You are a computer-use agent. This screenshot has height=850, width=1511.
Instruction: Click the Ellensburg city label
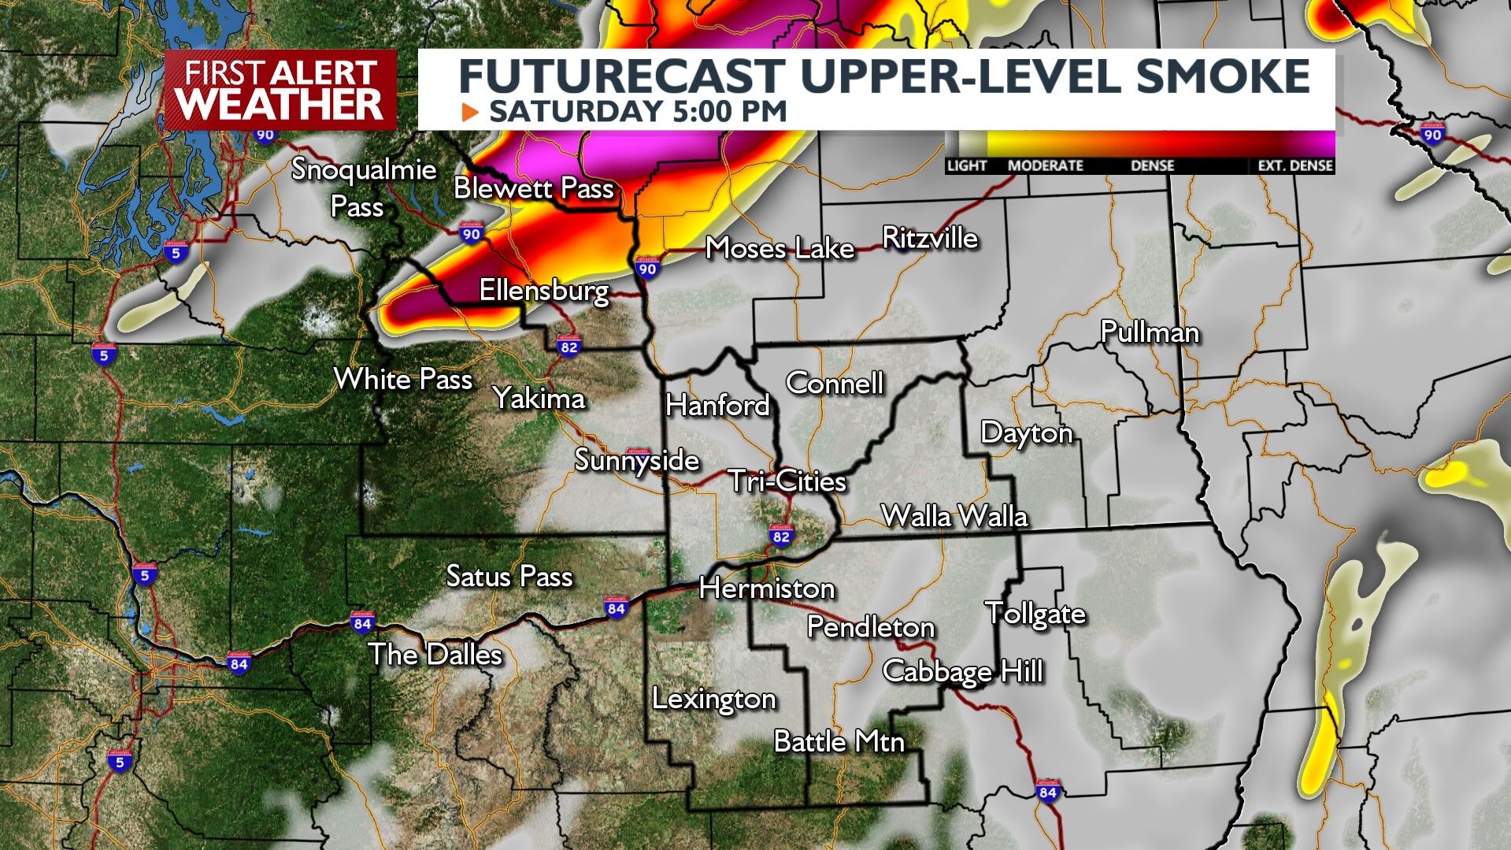544,291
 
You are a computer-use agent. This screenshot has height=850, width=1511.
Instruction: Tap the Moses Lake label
780,248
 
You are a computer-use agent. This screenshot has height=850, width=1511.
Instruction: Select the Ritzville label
930,237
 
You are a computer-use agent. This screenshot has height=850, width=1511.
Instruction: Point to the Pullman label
1150,332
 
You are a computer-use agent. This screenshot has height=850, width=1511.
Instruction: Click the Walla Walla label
954,516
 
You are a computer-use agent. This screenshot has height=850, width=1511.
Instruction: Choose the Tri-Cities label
787,481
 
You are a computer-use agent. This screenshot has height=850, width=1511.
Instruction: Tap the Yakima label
539,398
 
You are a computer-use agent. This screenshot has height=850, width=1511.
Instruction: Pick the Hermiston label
767,588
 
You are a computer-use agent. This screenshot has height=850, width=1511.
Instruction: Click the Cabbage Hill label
962,671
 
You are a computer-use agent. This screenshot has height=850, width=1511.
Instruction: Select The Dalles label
435,654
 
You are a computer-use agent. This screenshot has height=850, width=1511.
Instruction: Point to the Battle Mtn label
839,741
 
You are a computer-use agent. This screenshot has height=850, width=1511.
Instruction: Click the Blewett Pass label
534,188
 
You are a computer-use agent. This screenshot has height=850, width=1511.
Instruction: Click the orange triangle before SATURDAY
471,112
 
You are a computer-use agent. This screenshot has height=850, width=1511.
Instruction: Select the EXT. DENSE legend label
1294,165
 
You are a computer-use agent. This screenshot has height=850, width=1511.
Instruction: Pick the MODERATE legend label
1045,165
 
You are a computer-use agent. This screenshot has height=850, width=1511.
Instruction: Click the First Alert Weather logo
280,91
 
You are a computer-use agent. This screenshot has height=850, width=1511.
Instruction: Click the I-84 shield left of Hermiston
616,607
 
